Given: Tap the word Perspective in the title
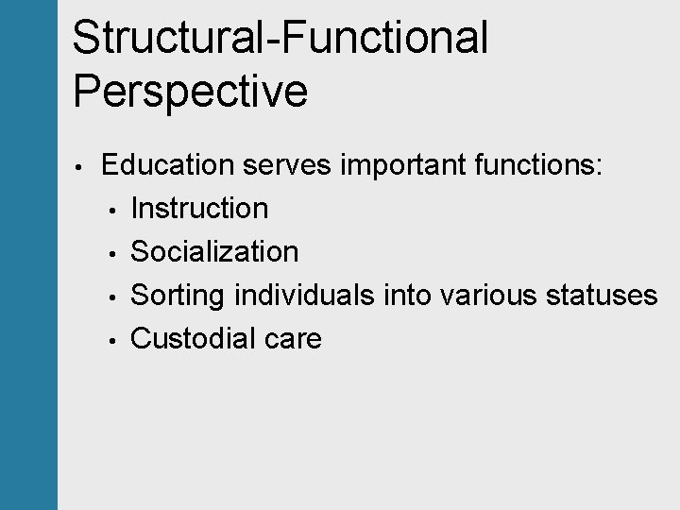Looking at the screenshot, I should (190, 93).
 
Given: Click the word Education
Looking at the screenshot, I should (167, 165).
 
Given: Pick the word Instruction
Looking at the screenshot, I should (199, 209).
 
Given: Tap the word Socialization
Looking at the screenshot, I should (214, 252).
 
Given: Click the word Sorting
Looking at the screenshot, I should (178, 296).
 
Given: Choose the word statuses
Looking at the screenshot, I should (602, 296).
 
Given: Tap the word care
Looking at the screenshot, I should (294, 339).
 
